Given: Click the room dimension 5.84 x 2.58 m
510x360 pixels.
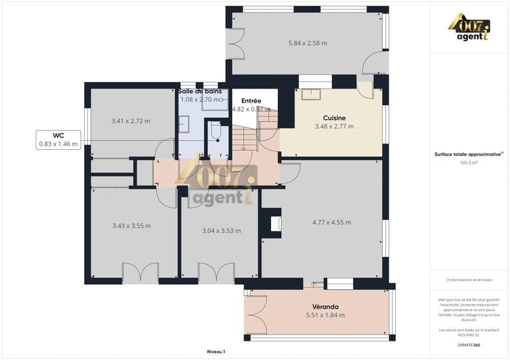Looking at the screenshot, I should [307, 43].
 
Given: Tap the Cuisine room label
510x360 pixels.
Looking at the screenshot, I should [334, 118].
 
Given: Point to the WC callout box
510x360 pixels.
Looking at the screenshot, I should [58, 140].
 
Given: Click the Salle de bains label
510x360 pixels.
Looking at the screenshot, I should [200, 92].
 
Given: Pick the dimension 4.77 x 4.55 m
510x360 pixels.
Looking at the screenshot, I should [331, 222].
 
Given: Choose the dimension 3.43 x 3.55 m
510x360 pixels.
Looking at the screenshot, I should [131, 226].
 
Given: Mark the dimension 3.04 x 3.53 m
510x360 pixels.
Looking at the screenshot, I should [221, 231].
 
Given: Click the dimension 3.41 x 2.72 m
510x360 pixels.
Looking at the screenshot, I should [130, 121].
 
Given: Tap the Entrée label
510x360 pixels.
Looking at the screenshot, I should [251, 101].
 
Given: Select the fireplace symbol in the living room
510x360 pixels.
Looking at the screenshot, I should [275, 224].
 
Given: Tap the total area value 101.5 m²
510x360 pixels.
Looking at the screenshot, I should [469, 162].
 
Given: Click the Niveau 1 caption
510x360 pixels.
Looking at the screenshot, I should [216, 351].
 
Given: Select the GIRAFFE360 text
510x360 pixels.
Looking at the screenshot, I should [469, 345].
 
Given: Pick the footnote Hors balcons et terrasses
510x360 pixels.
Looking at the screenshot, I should [469, 280].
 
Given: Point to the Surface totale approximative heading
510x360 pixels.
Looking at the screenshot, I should [469, 154].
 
